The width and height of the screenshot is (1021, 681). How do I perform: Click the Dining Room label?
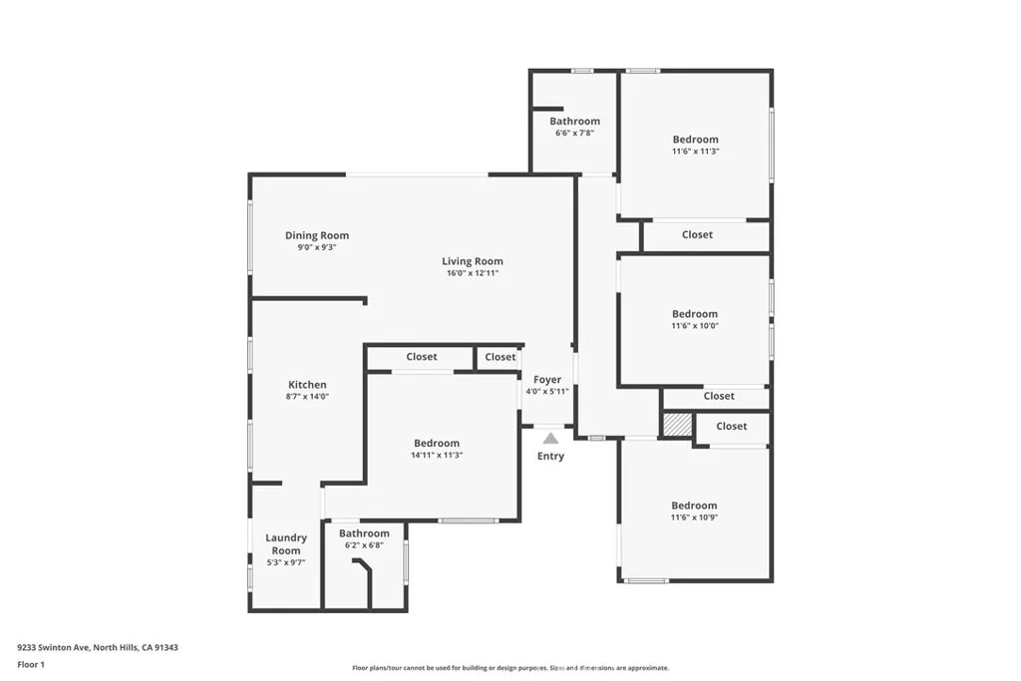(x=317, y=236)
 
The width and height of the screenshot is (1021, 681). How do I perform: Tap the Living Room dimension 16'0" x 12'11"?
(x=472, y=273)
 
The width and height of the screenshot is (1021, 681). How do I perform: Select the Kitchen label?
(x=307, y=385)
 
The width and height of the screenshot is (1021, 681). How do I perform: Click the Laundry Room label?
(x=285, y=544)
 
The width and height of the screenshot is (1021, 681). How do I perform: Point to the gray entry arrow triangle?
(x=550, y=437)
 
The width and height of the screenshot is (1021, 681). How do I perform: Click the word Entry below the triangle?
(x=550, y=457)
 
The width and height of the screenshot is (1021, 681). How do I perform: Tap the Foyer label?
(x=547, y=380)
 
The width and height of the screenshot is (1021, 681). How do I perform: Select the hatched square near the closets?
(x=677, y=425)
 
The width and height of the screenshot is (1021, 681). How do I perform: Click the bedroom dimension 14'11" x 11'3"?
(x=437, y=455)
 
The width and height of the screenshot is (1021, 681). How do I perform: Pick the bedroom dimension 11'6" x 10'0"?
(x=695, y=325)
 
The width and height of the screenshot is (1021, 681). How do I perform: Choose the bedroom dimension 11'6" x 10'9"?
(x=694, y=516)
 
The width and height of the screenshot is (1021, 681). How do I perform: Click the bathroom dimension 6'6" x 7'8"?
(x=574, y=133)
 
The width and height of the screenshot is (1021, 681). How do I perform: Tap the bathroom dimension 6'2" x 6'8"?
(x=364, y=545)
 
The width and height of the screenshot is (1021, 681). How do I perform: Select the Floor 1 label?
(x=32, y=664)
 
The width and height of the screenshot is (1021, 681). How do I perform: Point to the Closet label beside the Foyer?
(x=501, y=357)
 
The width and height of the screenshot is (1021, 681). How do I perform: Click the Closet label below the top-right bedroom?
(x=697, y=235)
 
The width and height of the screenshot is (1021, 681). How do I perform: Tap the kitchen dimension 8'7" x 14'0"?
(x=307, y=396)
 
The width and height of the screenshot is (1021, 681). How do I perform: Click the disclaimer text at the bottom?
(x=510, y=668)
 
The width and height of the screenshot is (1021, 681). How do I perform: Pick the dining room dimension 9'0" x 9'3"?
(x=317, y=247)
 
